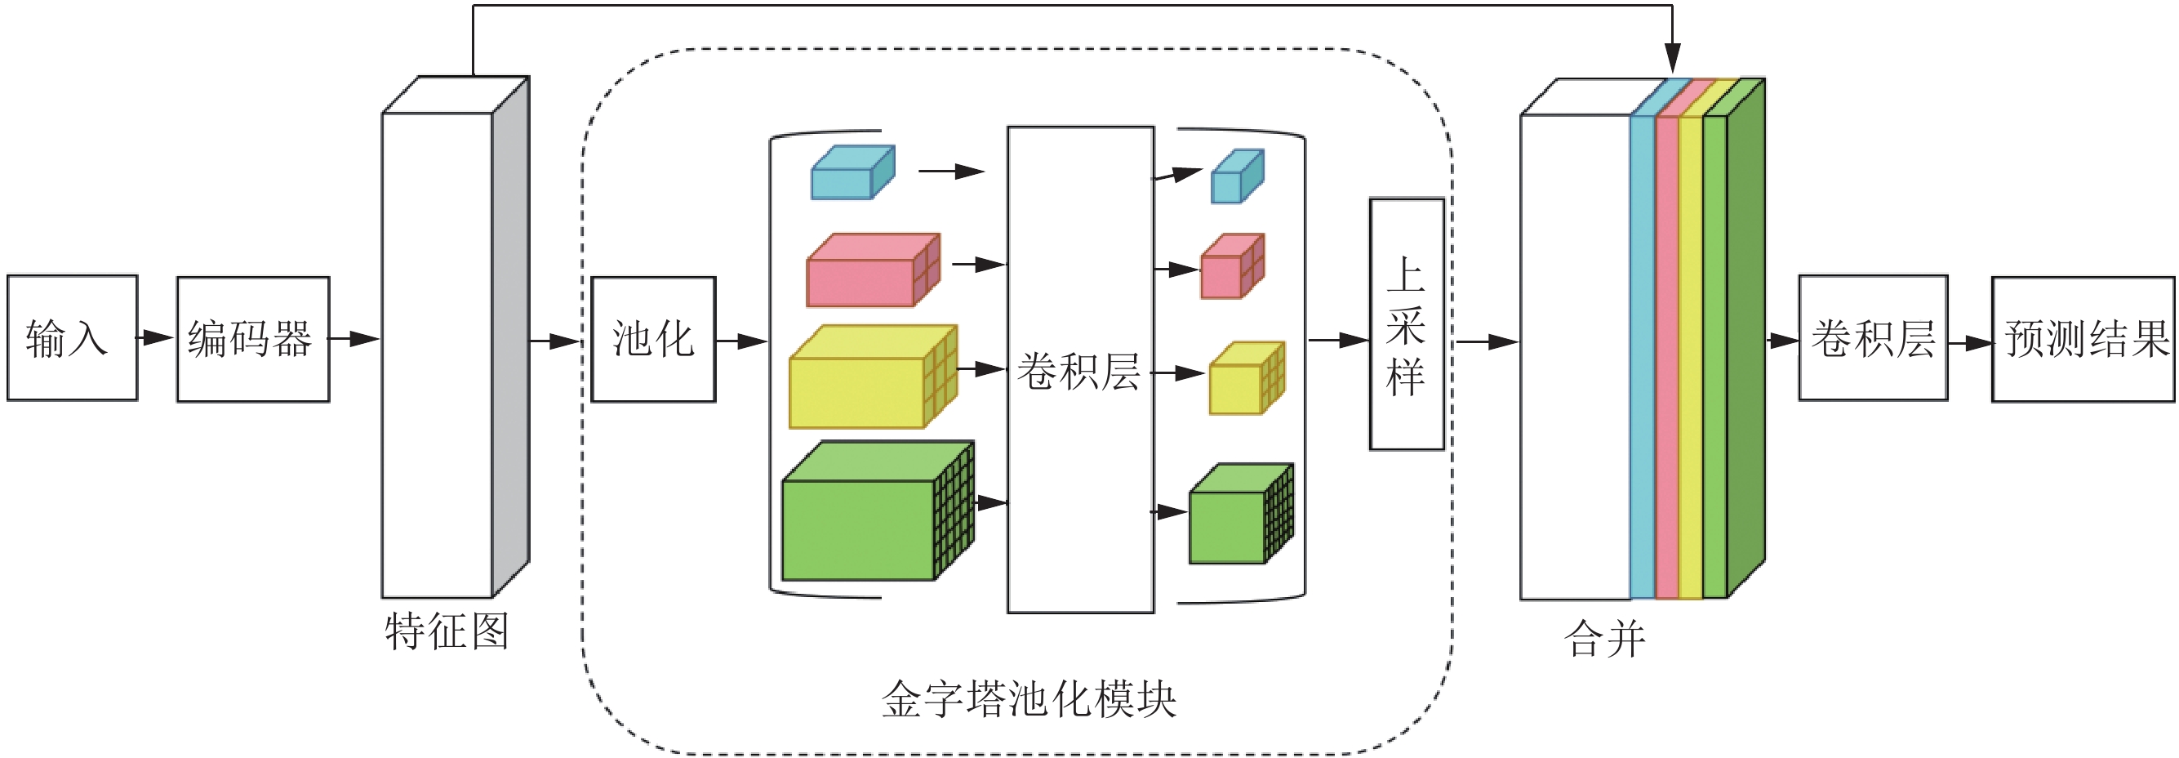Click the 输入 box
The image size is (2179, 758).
tap(72, 337)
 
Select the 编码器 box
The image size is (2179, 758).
tap(253, 338)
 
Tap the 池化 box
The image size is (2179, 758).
tap(653, 338)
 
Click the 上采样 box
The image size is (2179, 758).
tap(1406, 324)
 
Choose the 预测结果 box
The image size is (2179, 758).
tap(2083, 338)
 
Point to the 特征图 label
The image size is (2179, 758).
tap(447, 631)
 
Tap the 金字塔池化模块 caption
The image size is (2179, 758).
tap(1029, 699)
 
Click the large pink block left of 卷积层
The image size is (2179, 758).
tap(872, 270)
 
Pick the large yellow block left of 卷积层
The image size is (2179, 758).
tap(872, 377)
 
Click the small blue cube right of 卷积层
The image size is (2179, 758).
tap(1237, 176)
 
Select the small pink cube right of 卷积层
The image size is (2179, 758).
tap(1232, 266)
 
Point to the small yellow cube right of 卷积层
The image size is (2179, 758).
tap(1246, 378)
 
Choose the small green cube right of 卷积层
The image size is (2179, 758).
tap(1240, 515)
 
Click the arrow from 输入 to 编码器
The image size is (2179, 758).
tap(157, 337)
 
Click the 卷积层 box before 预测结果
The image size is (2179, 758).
tap(1873, 337)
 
